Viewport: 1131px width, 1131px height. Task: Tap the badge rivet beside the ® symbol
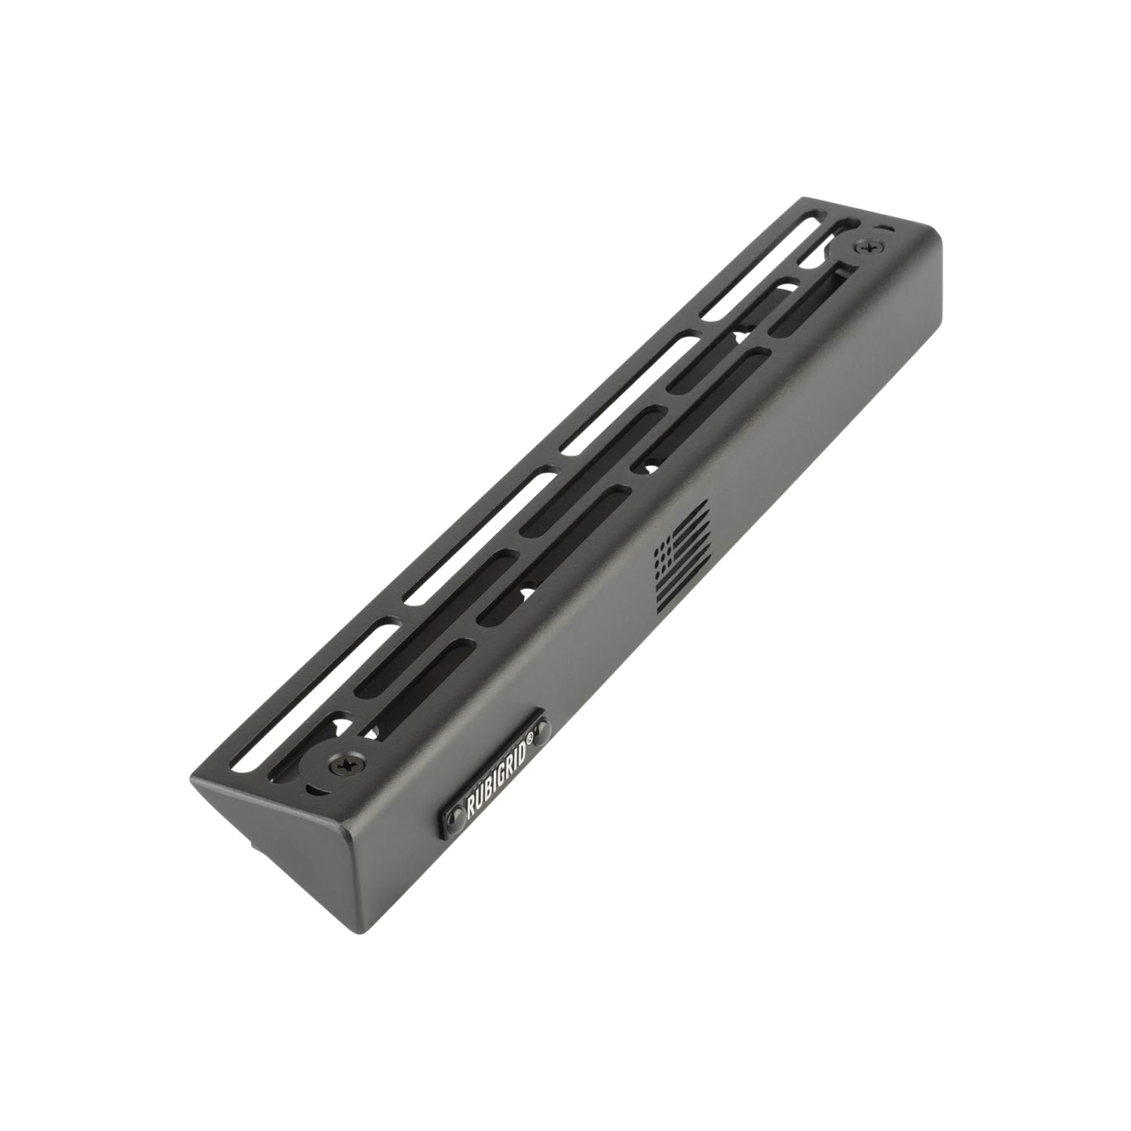point(541,729)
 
